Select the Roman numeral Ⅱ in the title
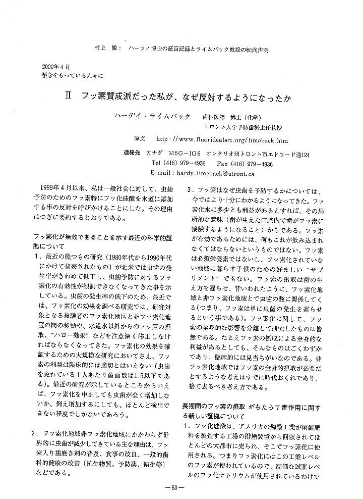74,94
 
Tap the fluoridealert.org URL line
222,139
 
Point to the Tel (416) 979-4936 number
178,164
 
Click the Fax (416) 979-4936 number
245,164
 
